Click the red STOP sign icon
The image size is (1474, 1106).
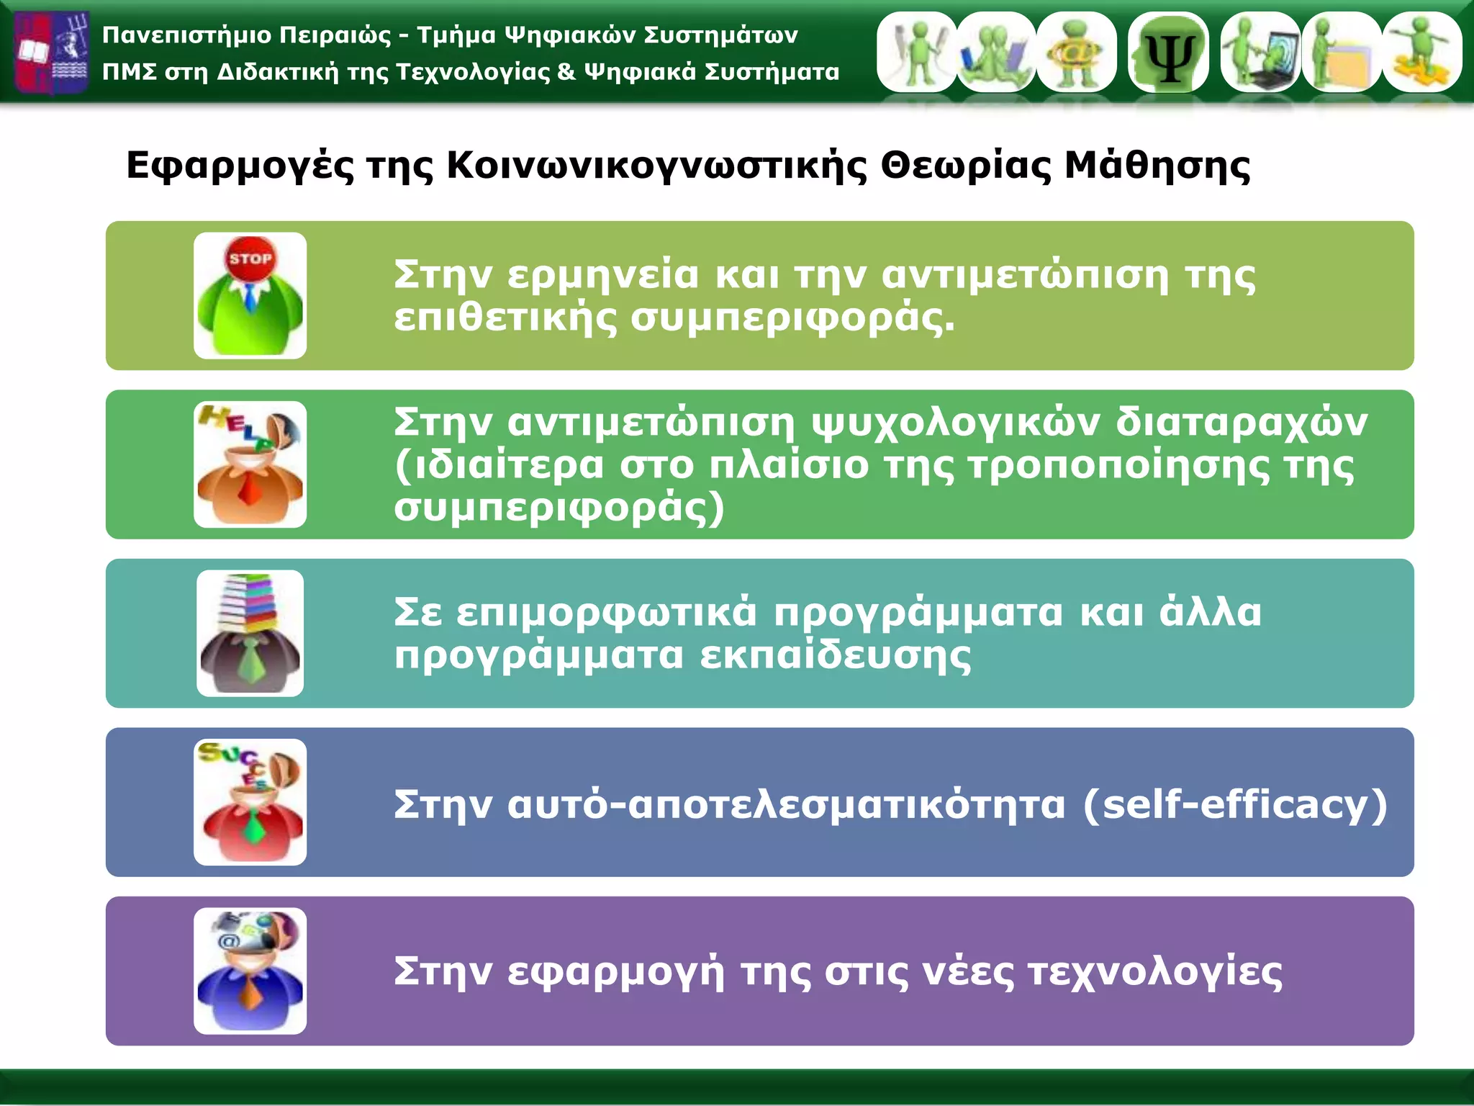[x=250, y=258]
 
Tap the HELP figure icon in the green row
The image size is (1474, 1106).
[x=250, y=464]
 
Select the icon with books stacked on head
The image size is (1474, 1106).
[x=250, y=633]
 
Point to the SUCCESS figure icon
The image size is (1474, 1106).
[x=250, y=802]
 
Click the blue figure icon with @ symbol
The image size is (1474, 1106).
[x=250, y=971]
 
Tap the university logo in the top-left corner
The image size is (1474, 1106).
[x=52, y=52]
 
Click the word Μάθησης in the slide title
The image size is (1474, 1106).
[x=1157, y=166]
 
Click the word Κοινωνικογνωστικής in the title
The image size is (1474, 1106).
[x=656, y=166]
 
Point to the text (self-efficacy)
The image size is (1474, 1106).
[x=1235, y=804]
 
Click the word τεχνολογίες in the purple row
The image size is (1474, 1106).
[x=1155, y=972]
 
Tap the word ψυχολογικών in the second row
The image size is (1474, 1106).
[x=956, y=423]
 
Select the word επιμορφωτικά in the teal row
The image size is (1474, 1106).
[x=607, y=613]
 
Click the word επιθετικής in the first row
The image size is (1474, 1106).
[x=505, y=318]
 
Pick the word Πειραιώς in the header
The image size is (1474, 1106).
[x=335, y=35]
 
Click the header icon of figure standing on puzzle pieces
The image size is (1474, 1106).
[x=1421, y=52]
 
